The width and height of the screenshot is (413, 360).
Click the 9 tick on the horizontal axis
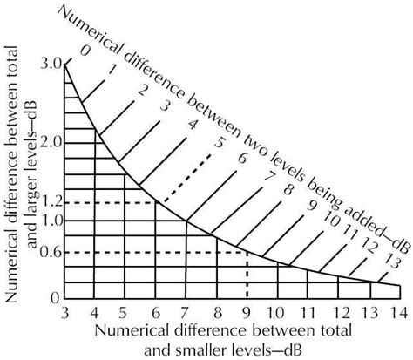(x=247, y=312)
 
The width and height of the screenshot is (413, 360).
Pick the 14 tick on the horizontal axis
(x=398, y=312)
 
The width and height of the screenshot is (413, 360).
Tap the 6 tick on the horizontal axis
(x=155, y=312)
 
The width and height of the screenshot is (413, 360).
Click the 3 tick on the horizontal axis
(x=65, y=312)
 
